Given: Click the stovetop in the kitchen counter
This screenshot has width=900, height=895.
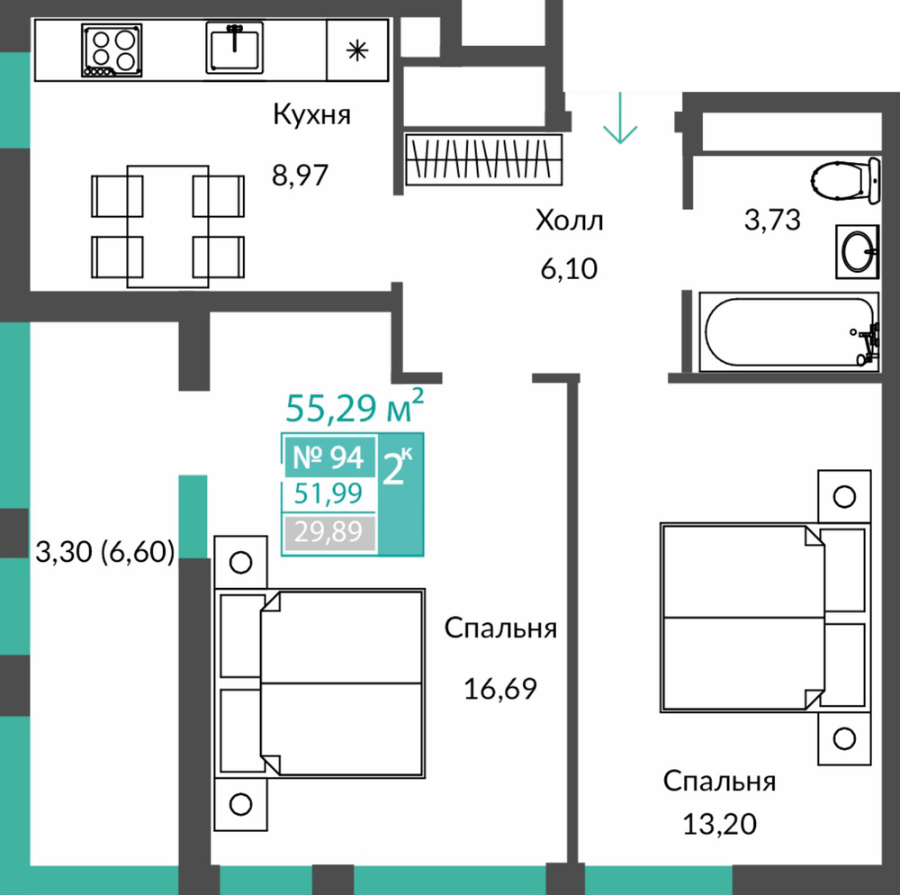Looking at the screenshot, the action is tap(112, 50).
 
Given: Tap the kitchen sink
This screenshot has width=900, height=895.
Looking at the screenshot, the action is tap(235, 49).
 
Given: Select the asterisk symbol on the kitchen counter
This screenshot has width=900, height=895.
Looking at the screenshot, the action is tap(357, 51).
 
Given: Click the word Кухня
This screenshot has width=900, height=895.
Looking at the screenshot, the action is tap(311, 114).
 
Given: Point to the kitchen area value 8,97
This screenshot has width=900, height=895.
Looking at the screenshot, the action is tap(301, 175).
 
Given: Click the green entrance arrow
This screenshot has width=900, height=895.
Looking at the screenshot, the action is tap(620, 118).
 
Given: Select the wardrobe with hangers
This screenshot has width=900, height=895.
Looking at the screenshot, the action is tap(483, 159).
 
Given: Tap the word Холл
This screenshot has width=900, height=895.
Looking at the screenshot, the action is tap(570, 221).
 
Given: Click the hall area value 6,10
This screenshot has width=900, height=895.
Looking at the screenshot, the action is tap(569, 268).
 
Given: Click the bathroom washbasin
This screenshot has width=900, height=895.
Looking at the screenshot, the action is tap(858, 252).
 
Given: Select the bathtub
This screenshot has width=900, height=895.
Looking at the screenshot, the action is tap(789, 332).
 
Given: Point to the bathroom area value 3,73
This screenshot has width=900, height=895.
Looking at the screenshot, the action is tap(772, 220).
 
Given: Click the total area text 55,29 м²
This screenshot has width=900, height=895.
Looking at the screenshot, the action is tap(355, 406).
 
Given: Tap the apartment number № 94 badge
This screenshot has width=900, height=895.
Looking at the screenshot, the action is tap(328, 457).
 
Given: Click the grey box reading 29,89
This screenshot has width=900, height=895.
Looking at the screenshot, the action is tap(329, 533).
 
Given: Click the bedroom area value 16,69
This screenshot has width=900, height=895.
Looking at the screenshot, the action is tap(499, 688).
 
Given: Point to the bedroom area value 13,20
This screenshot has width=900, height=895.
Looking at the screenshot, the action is tap(719, 825).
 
